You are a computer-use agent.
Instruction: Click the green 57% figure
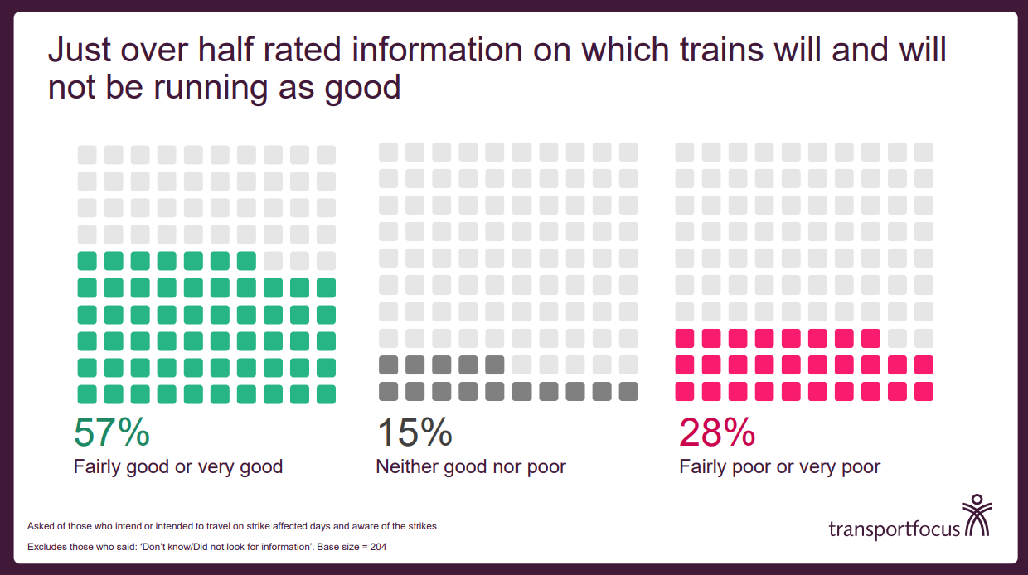(112, 432)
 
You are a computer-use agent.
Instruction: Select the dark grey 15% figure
(415, 432)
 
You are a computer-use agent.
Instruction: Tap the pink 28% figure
(717, 432)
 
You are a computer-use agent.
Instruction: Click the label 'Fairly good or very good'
(178, 466)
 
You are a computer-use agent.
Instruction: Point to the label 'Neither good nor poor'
(471, 466)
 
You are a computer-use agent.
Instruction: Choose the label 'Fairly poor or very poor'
(779, 466)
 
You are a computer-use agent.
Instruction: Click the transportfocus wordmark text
(894, 529)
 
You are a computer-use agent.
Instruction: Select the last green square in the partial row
(246, 261)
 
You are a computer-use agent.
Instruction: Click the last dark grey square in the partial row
(495, 365)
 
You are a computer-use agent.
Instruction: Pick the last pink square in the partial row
(870, 338)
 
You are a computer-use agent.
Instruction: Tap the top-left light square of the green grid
(87, 155)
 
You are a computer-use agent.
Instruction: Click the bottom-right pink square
(924, 391)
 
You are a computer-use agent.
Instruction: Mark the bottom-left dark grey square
(389, 391)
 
